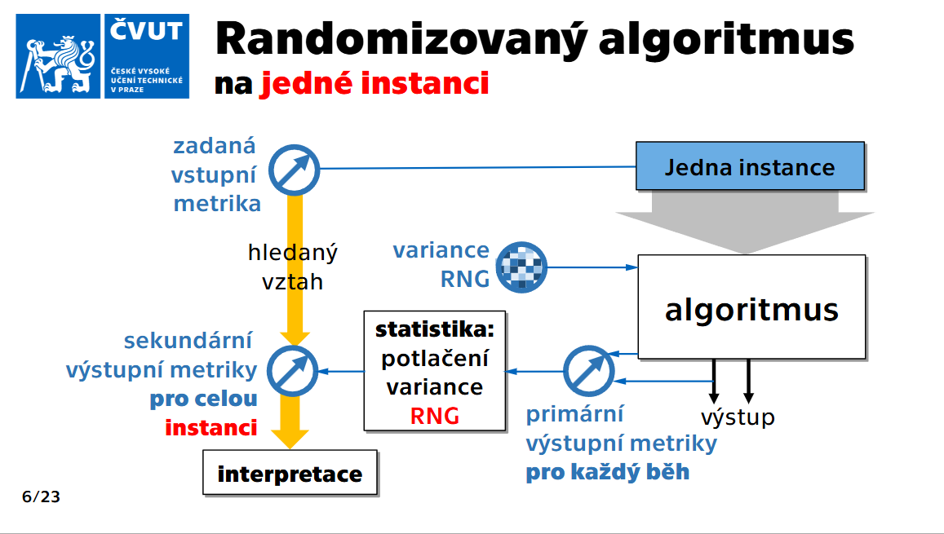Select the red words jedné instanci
click(x=374, y=82)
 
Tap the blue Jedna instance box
click(x=749, y=168)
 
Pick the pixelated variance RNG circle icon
click(x=521, y=267)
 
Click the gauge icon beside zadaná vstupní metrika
click(x=295, y=170)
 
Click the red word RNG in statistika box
click(x=434, y=417)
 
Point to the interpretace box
click(x=290, y=474)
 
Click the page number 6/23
click(x=41, y=496)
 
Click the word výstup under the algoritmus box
click(x=738, y=417)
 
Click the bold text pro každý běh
click(x=607, y=471)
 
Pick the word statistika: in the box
click(x=434, y=330)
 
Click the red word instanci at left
click(x=211, y=427)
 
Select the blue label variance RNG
click(x=441, y=265)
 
